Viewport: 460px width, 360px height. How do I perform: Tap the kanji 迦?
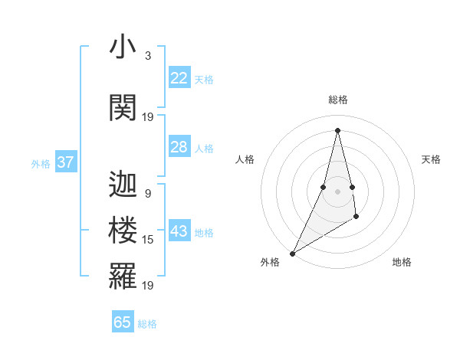[x=123, y=184]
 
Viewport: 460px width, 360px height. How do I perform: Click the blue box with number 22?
[x=179, y=78]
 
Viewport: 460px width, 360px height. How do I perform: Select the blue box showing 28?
[x=179, y=147]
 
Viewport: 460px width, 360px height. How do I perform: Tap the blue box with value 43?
[x=179, y=232]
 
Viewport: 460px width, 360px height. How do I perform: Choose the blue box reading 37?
[x=65, y=162]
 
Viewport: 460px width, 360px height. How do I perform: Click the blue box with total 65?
[x=123, y=322]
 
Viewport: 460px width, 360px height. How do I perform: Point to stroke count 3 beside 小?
[x=148, y=56]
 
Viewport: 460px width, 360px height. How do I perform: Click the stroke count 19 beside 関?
[x=148, y=117]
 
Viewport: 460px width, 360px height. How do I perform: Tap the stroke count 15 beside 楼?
[x=148, y=240]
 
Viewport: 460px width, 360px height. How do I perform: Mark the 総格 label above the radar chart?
[x=337, y=100]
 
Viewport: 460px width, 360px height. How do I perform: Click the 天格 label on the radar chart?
[x=432, y=159]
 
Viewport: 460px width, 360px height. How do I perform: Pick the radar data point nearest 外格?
[x=292, y=253]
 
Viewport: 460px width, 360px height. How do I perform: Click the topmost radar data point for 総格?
[x=337, y=129]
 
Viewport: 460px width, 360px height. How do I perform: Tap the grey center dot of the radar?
[x=337, y=191]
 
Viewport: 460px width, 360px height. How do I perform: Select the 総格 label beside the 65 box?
[x=147, y=324]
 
